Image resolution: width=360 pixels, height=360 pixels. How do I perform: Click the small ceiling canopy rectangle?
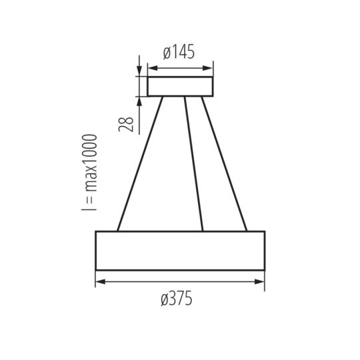[x=180, y=87]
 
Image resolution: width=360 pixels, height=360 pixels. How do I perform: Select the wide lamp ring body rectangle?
[x=180, y=251]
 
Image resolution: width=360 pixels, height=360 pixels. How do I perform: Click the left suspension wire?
[x=140, y=163]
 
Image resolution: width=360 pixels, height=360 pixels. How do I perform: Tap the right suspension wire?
[x=224, y=163]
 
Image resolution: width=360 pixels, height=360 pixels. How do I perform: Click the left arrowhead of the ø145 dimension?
[x=151, y=67]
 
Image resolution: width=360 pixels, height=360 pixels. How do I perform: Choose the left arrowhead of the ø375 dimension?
[x=99, y=283]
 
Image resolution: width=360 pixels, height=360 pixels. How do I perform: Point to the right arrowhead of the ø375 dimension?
[x=261, y=283]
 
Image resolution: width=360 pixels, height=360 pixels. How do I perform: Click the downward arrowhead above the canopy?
[x=139, y=73]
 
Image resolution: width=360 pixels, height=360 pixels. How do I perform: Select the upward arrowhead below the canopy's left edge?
[x=139, y=101]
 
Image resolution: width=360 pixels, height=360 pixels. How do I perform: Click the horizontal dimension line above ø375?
[x=180, y=283]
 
